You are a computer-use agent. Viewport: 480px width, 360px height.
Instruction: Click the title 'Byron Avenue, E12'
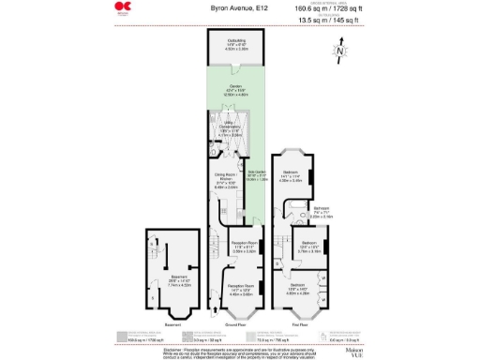coord(232,7)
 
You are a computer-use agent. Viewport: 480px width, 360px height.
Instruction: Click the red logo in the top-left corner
coord(121,9)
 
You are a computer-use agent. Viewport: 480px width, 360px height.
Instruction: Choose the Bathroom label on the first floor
coord(322,212)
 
